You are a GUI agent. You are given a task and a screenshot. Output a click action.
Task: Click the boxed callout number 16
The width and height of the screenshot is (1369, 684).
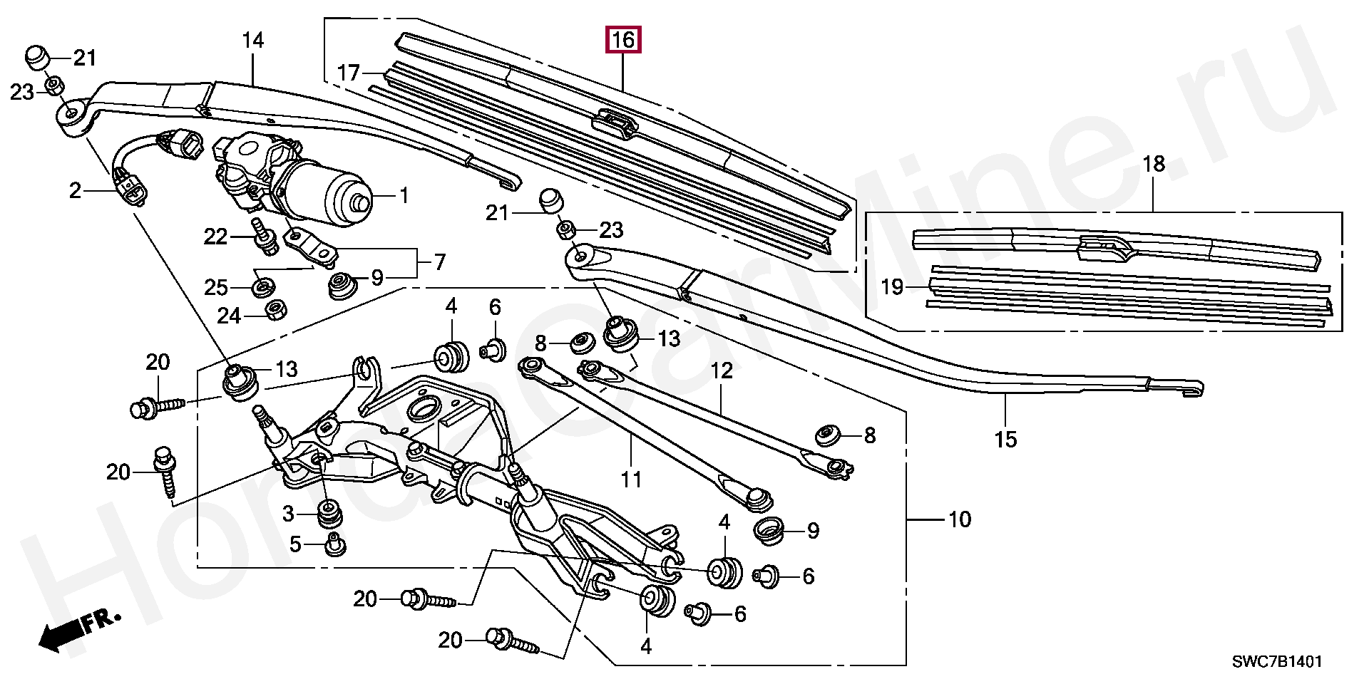[623, 41]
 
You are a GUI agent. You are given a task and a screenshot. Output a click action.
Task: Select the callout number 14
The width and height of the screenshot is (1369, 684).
[253, 41]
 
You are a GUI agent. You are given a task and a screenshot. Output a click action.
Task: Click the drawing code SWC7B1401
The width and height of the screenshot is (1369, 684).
[1278, 662]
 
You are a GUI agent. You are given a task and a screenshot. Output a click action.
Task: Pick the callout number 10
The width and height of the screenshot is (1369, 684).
[960, 520]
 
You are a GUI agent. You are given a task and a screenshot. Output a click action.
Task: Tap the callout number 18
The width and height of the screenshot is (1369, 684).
[1153, 165]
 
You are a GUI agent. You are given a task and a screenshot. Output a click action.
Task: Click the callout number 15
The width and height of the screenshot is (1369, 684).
[1005, 440]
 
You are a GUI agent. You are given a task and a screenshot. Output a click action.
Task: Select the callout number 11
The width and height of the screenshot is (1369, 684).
[631, 480]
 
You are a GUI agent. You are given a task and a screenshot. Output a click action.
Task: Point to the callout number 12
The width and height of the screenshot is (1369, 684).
[722, 370]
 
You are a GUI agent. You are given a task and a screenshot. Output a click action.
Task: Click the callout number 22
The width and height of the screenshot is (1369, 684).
[216, 237]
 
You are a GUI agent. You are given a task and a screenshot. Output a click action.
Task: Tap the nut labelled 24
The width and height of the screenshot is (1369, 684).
[276, 311]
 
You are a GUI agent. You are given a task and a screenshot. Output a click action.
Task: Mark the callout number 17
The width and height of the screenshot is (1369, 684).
[349, 73]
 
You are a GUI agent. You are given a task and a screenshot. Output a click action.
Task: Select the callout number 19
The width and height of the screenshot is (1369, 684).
[892, 287]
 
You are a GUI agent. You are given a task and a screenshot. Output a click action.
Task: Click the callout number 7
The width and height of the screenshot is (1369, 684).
[439, 262]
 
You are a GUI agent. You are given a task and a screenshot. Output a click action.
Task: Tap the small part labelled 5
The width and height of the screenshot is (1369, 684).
[334, 544]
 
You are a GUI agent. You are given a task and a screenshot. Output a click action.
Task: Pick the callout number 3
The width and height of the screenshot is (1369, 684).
[288, 514]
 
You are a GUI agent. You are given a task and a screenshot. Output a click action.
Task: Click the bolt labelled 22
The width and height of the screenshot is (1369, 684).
[265, 236]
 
